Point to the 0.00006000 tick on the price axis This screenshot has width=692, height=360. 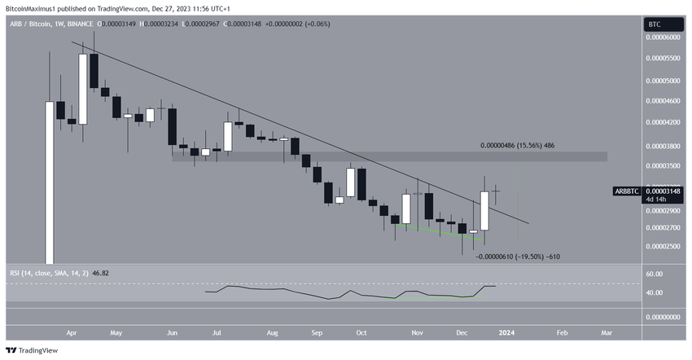[x=664, y=37]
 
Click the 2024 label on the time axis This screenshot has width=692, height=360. [x=506, y=332]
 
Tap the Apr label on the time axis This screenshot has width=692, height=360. [x=71, y=332]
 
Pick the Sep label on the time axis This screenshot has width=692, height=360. [x=317, y=332]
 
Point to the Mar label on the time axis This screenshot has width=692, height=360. [x=607, y=332]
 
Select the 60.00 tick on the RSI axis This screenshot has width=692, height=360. [x=655, y=274]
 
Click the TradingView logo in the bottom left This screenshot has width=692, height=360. [x=34, y=349]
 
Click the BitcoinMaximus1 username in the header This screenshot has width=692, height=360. [x=35, y=7]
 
